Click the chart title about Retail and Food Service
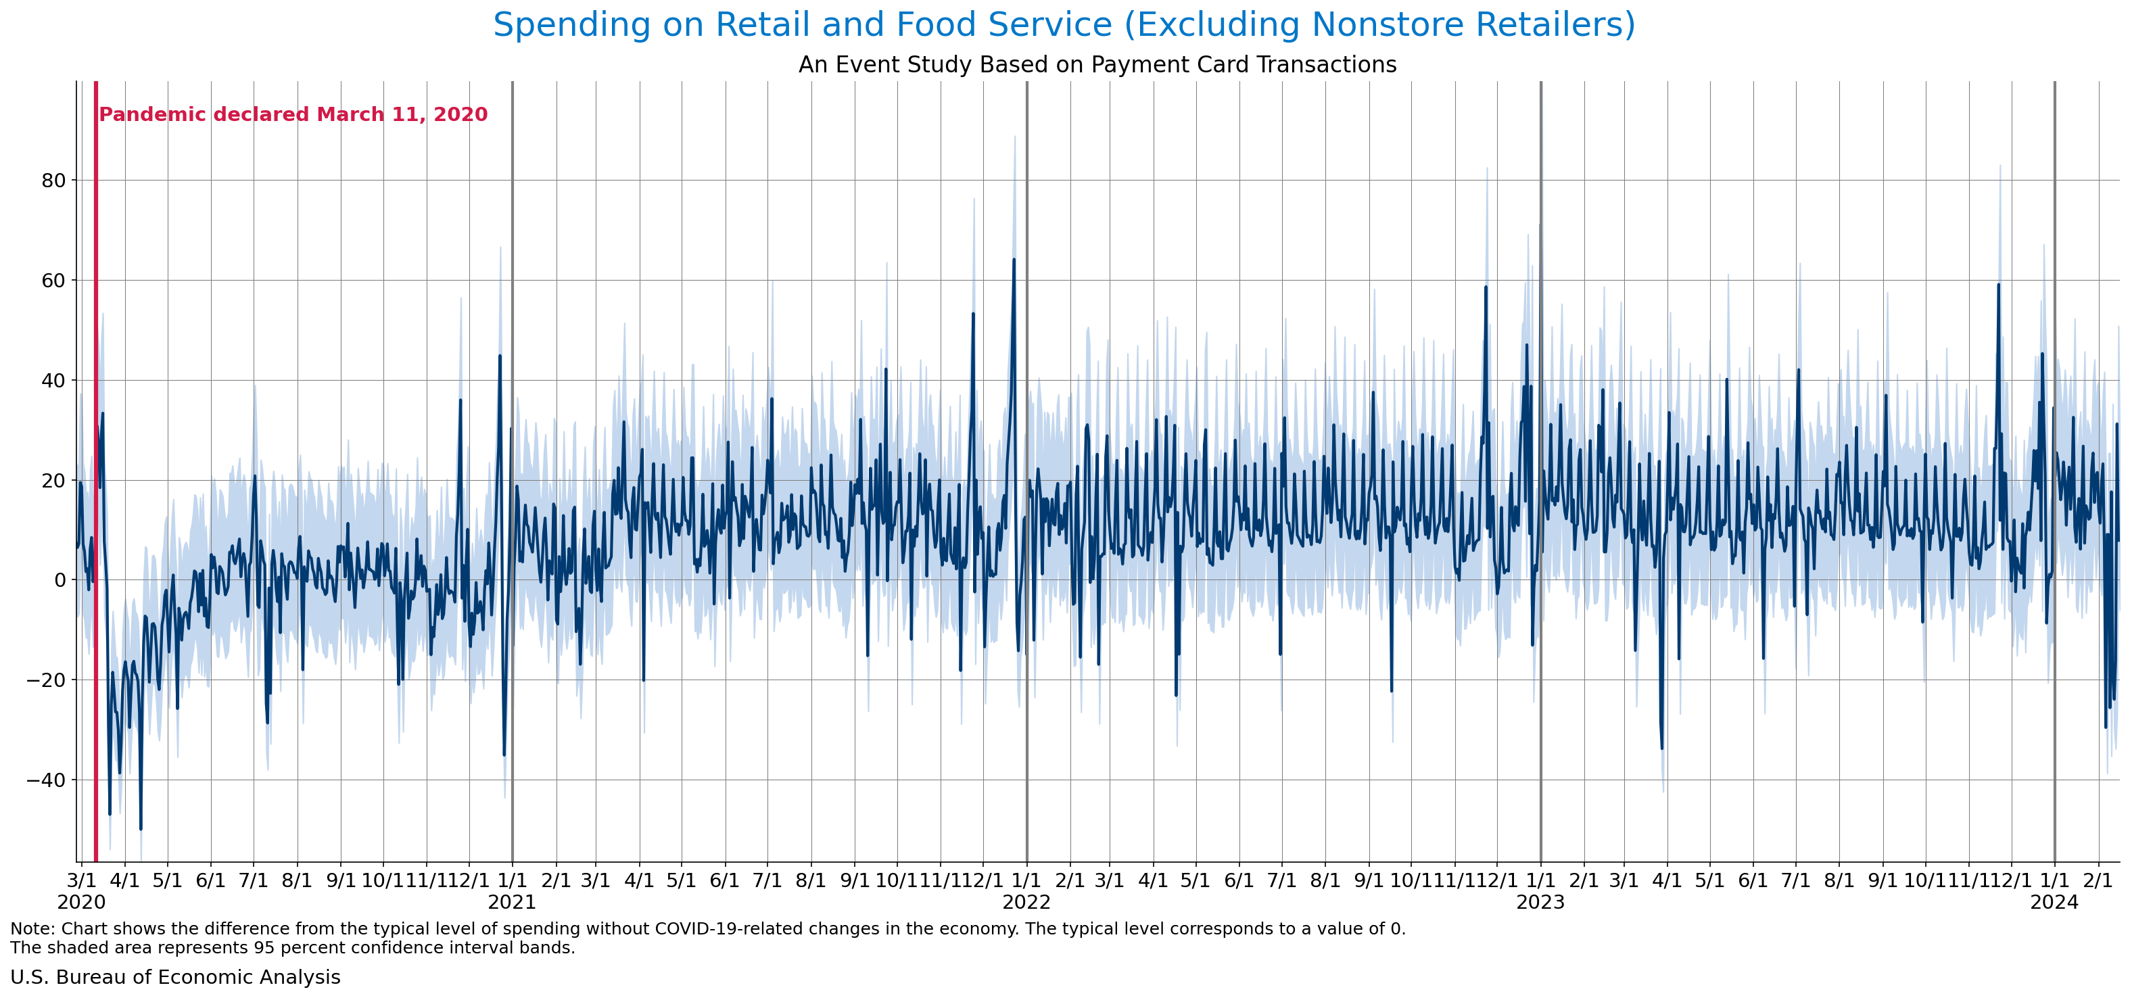click(x=1064, y=25)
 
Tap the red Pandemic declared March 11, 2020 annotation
click(x=293, y=115)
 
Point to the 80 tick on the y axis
click(x=53, y=181)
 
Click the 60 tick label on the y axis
click(x=53, y=281)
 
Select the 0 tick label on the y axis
click(x=60, y=580)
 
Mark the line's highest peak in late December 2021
click(x=1014, y=260)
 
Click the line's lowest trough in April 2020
click(x=141, y=828)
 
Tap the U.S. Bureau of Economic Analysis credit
click(x=175, y=977)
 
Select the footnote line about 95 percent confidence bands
click(x=293, y=947)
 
